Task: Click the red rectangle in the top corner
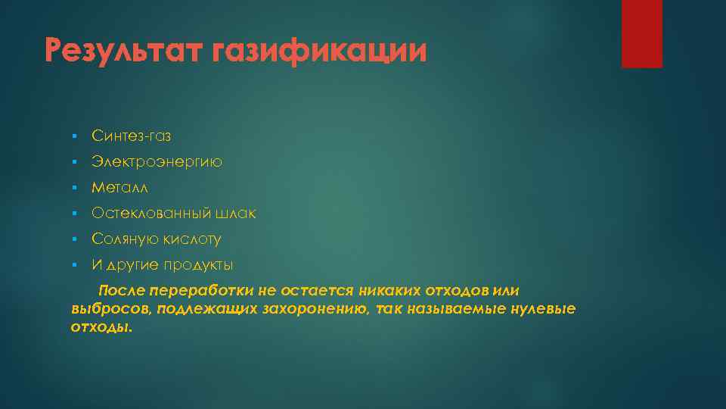pos(641,34)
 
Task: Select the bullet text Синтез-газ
pos(132,136)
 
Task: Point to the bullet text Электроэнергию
pos(157,162)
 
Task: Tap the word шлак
pos(235,214)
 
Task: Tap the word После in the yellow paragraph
pos(122,292)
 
